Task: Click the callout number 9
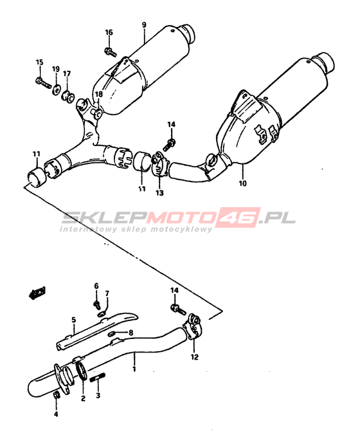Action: coord(144,25)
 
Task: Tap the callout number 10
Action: coord(243,183)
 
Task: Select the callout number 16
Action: coord(109,32)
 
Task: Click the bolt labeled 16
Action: coord(110,52)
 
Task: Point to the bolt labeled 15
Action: coord(44,82)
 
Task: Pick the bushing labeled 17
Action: coord(67,96)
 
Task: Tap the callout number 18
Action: coord(99,95)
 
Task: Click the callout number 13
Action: coord(159,193)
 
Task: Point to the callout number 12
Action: coord(195,357)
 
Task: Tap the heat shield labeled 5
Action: coord(96,331)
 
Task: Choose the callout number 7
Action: coord(107,293)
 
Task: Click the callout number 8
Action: coord(130,333)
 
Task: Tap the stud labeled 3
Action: coord(98,378)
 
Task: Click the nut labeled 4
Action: coord(56,395)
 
